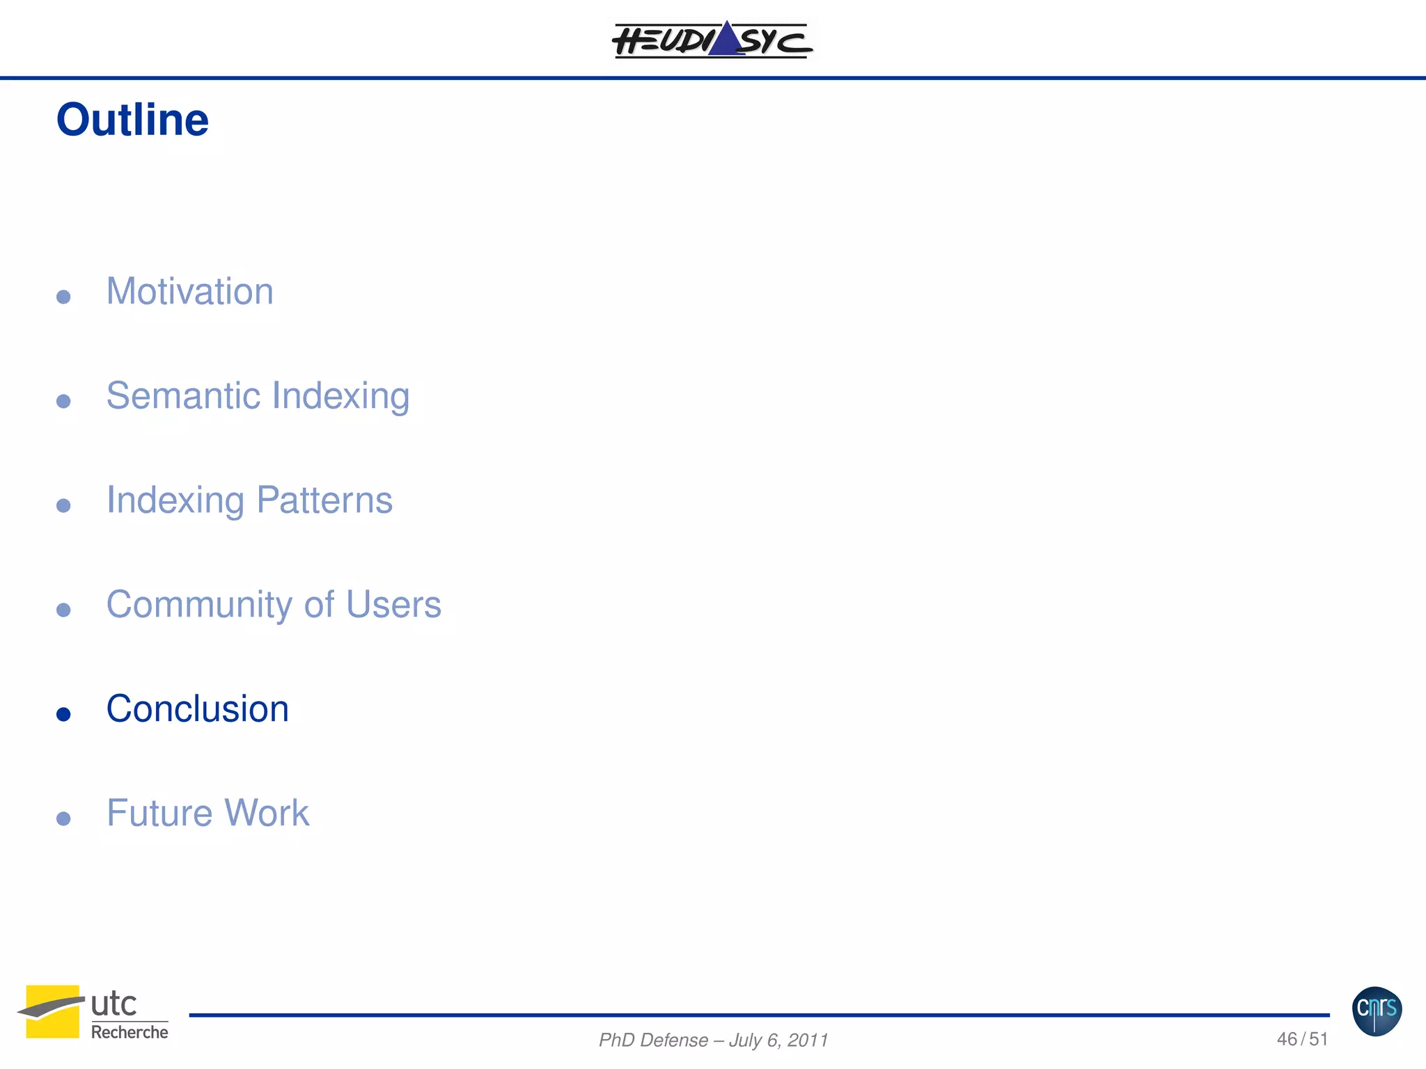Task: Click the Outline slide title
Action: pyautogui.click(x=132, y=120)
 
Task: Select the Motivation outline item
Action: pyautogui.click(x=189, y=291)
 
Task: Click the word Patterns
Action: pyautogui.click(x=324, y=500)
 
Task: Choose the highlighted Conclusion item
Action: pyautogui.click(x=197, y=708)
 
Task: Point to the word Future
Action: pyautogui.click(x=159, y=813)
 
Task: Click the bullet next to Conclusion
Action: pyautogui.click(x=63, y=714)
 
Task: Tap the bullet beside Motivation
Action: pyautogui.click(x=63, y=297)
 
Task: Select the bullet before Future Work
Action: pyautogui.click(x=63, y=818)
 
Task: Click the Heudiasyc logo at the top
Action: pyautogui.click(x=712, y=40)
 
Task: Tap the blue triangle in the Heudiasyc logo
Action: pyautogui.click(x=726, y=40)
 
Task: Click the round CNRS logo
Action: pyautogui.click(x=1377, y=1011)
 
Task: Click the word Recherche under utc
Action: pyautogui.click(x=130, y=1032)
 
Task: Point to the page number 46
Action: pyautogui.click(x=1287, y=1039)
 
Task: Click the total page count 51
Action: pyautogui.click(x=1318, y=1039)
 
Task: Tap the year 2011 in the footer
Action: pyautogui.click(x=808, y=1040)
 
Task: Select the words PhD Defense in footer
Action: pyautogui.click(x=653, y=1040)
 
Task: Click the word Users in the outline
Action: pyautogui.click(x=393, y=604)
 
